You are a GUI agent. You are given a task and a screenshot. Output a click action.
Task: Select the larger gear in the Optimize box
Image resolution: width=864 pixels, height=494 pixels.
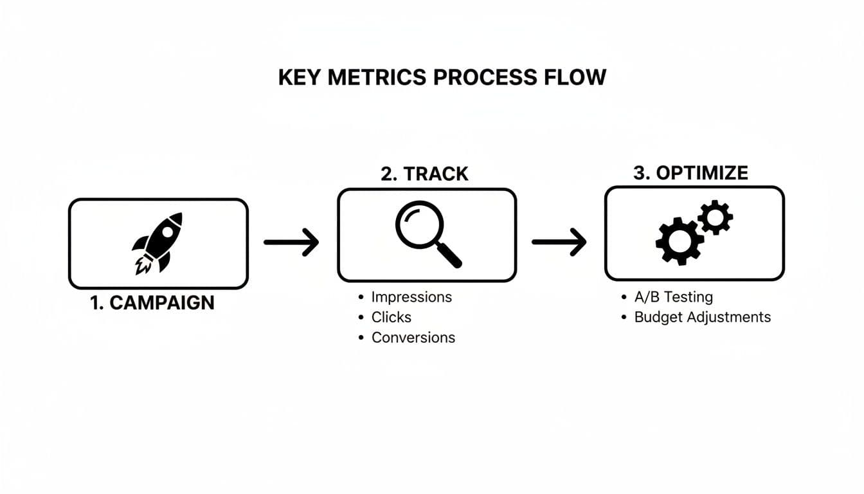coord(679,241)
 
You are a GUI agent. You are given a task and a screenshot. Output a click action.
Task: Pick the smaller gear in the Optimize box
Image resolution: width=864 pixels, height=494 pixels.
coord(715,217)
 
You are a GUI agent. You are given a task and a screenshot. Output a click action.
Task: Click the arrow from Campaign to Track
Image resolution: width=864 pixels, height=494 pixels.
coord(291,242)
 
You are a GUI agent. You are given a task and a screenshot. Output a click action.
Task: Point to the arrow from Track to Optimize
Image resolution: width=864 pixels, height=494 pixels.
coord(559,242)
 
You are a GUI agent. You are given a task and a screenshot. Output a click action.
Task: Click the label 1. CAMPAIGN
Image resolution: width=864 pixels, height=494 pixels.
coord(152,303)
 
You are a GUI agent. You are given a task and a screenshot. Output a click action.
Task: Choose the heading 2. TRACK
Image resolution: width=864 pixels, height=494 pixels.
coord(424,174)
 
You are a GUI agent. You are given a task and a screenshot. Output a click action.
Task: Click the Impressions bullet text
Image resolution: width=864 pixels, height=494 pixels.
coord(411,297)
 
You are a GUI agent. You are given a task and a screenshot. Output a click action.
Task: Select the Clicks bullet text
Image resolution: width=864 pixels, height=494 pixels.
coord(391,317)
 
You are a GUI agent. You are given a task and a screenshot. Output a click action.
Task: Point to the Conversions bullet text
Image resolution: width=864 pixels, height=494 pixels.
coord(413,338)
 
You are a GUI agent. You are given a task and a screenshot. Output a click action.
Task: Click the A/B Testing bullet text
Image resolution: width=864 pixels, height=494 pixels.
coord(673,297)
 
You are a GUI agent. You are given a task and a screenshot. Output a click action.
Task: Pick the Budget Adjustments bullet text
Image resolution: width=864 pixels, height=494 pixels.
coord(702,317)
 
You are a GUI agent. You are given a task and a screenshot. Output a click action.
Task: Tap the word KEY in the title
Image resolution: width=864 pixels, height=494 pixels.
coord(300,77)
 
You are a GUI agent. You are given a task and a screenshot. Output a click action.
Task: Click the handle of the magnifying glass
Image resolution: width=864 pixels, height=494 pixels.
coord(451,257)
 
